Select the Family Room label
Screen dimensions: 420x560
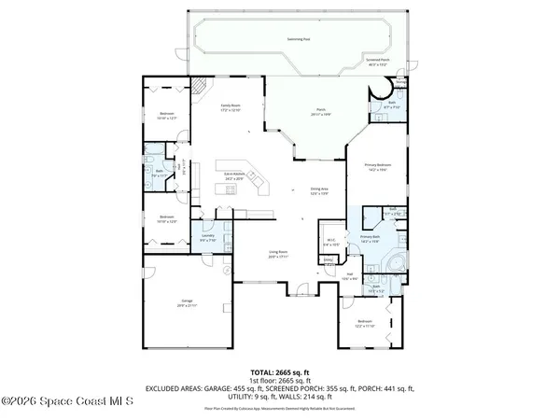[x=218, y=109]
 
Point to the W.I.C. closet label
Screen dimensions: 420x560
[x=331, y=243]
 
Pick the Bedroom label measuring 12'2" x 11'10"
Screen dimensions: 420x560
[x=365, y=325]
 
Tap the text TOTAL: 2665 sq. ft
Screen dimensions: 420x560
[x=279, y=371]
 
